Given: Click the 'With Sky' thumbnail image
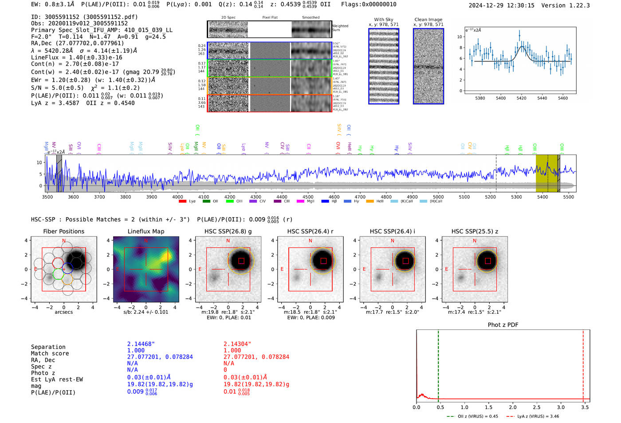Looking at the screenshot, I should (383, 66).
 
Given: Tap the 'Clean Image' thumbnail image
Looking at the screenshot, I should (428, 66).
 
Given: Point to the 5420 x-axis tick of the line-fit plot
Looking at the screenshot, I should (521, 98).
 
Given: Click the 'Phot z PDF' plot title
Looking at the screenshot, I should (503, 324).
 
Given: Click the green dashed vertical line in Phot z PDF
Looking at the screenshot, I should (438, 364).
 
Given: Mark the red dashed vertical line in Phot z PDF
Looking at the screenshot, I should (583, 364).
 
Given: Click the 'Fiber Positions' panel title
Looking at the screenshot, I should (63, 231).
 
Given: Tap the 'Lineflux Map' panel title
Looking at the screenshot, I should (145, 231).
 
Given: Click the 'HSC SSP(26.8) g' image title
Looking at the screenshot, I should (228, 231).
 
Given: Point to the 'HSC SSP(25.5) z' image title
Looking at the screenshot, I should (475, 231).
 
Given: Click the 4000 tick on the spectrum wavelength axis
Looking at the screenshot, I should (177, 197).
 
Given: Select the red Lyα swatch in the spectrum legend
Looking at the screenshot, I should (182, 201).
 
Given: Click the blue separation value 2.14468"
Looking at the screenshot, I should (141, 344).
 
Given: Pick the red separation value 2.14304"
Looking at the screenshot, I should (237, 344).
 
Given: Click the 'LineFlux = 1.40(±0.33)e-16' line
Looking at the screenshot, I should (76, 57).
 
